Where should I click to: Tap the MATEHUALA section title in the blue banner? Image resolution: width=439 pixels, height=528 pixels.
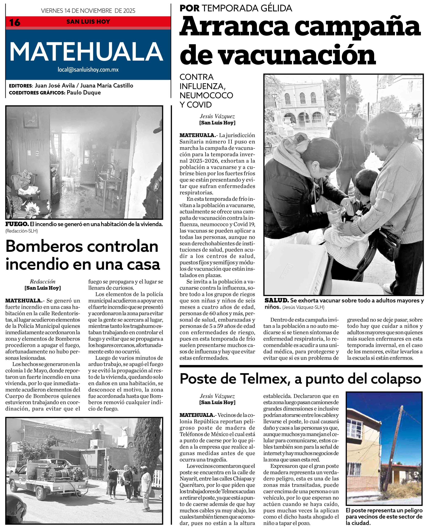coord(86,52)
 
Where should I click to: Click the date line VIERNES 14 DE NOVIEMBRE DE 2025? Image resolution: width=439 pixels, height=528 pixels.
coord(88,11)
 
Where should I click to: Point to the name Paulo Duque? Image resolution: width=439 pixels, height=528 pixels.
coord(84,93)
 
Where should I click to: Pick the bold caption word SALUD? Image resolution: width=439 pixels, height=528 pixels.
coord(276,300)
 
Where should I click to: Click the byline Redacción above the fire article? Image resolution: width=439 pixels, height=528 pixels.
coord(42,282)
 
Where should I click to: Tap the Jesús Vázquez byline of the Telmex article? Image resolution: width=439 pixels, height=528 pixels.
coord(217,396)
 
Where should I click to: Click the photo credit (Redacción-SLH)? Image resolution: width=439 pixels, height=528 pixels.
coord(22,231)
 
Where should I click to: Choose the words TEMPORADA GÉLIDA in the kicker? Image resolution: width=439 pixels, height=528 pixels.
coord(247,8)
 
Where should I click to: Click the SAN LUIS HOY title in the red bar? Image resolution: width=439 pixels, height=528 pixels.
coord(88,22)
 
